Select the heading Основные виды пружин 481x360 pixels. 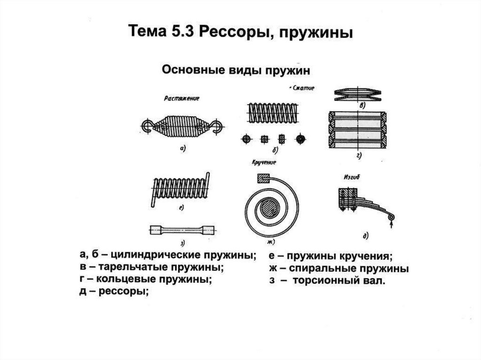click(236, 70)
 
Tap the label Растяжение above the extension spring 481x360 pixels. click(181, 99)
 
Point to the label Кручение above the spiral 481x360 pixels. click(264, 162)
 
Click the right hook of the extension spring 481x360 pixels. click(217, 125)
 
